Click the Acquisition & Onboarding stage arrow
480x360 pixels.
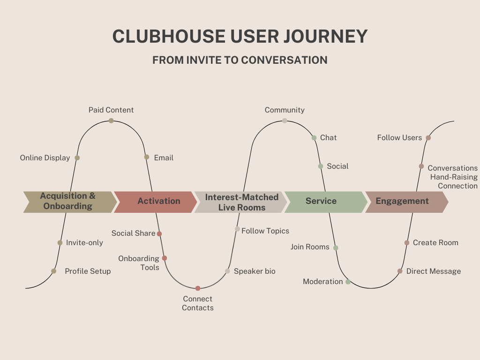[x=68, y=202]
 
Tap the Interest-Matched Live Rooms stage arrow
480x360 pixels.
[x=240, y=202]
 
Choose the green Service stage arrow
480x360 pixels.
[x=323, y=202]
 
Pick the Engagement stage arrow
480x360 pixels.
[x=404, y=202]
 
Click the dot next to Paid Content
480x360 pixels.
[x=111, y=120]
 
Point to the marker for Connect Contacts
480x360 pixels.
[x=198, y=288]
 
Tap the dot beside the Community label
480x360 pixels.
[x=285, y=120]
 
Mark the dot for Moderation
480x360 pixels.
[x=348, y=282]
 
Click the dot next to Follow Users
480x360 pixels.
[x=428, y=138]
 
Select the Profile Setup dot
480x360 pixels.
[x=54, y=271]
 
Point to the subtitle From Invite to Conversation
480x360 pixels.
[x=240, y=60]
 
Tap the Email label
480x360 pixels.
[x=164, y=158]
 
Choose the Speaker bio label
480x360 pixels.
[x=255, y=271]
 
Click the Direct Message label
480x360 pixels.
[x=433, y=271]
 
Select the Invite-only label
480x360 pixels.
[x=84, y=243]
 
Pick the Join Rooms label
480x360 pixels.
[x=310, y=247]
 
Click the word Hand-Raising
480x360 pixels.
[x=454, y=177]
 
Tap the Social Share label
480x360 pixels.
[x=133, y=233]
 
